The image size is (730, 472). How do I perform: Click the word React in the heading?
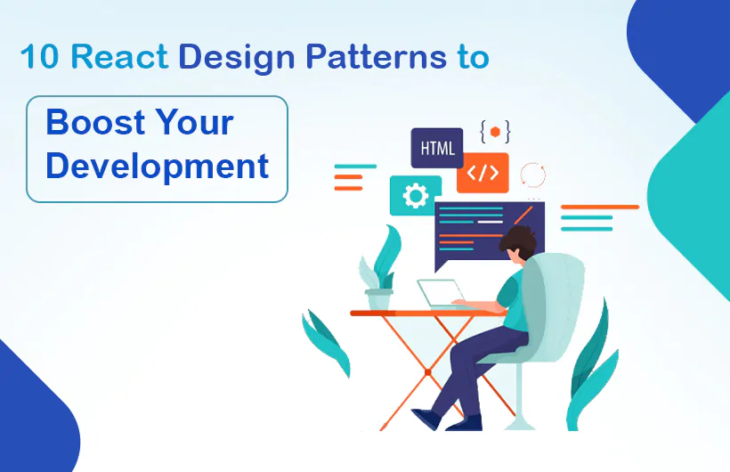coord(119,57)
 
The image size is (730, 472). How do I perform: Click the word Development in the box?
coord(157,167)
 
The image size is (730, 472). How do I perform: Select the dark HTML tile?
coord(437,147)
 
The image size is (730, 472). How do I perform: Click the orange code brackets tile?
coord(483,173)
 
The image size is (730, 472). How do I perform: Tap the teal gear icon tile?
coord(415,195)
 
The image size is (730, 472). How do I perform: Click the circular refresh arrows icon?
coord(531,174)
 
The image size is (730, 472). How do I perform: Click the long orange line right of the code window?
coord(599,207)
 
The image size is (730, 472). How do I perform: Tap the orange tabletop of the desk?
coord(410,313)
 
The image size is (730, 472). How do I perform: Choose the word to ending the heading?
coord(469,57)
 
